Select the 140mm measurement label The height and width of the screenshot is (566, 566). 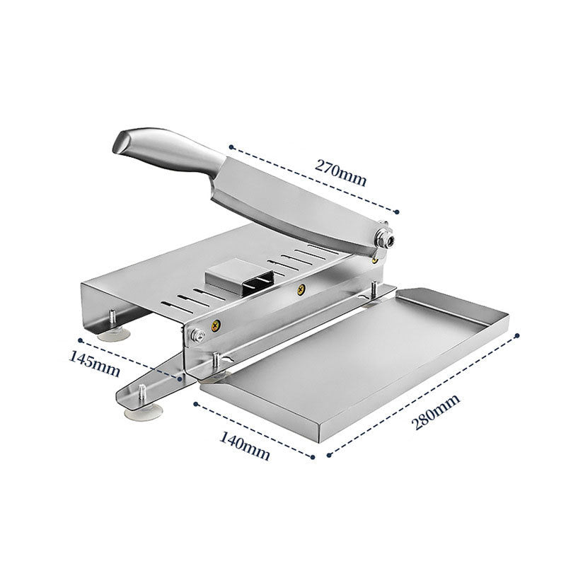click(x=246, y=446)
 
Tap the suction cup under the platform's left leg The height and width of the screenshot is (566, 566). click(x=112, y=330)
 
